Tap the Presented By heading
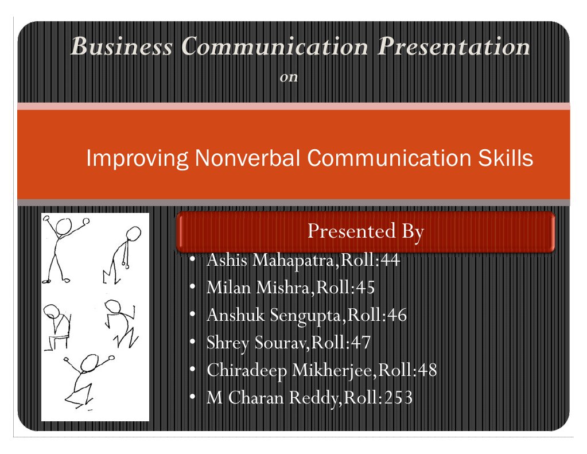(x=366, y=232)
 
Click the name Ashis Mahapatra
(x=272, y=261)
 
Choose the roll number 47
(x=360, y=343)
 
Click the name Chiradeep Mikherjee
(x=290, y=370)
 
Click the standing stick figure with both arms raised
(x=61, y=248)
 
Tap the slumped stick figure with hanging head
(x=125, y=253)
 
